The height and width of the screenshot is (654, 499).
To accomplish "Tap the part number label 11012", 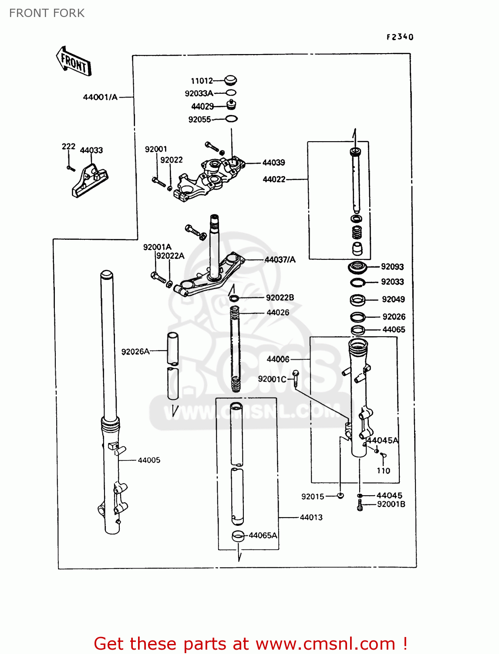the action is pos(202,81).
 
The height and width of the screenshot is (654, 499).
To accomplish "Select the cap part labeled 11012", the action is pos(230,81).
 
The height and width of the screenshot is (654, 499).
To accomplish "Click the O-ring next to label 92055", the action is pos(231,119).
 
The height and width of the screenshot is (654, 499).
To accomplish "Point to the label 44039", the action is pos(273,162).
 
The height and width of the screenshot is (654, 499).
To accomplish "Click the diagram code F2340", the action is pos(400,37).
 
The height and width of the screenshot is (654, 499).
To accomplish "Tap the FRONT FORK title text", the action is pos(47,13).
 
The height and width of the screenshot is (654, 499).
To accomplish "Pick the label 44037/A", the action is pos(280,259).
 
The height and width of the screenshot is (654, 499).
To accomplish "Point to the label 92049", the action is pos(393,299).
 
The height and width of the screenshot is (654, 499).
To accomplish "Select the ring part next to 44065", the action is pos(358,330).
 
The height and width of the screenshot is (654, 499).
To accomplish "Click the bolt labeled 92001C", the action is pos(296,379).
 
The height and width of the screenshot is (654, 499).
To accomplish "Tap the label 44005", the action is pos(149,460).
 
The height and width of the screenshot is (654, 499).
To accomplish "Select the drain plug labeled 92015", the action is pos(341,495).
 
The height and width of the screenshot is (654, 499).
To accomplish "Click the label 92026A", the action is pos(135,351).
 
